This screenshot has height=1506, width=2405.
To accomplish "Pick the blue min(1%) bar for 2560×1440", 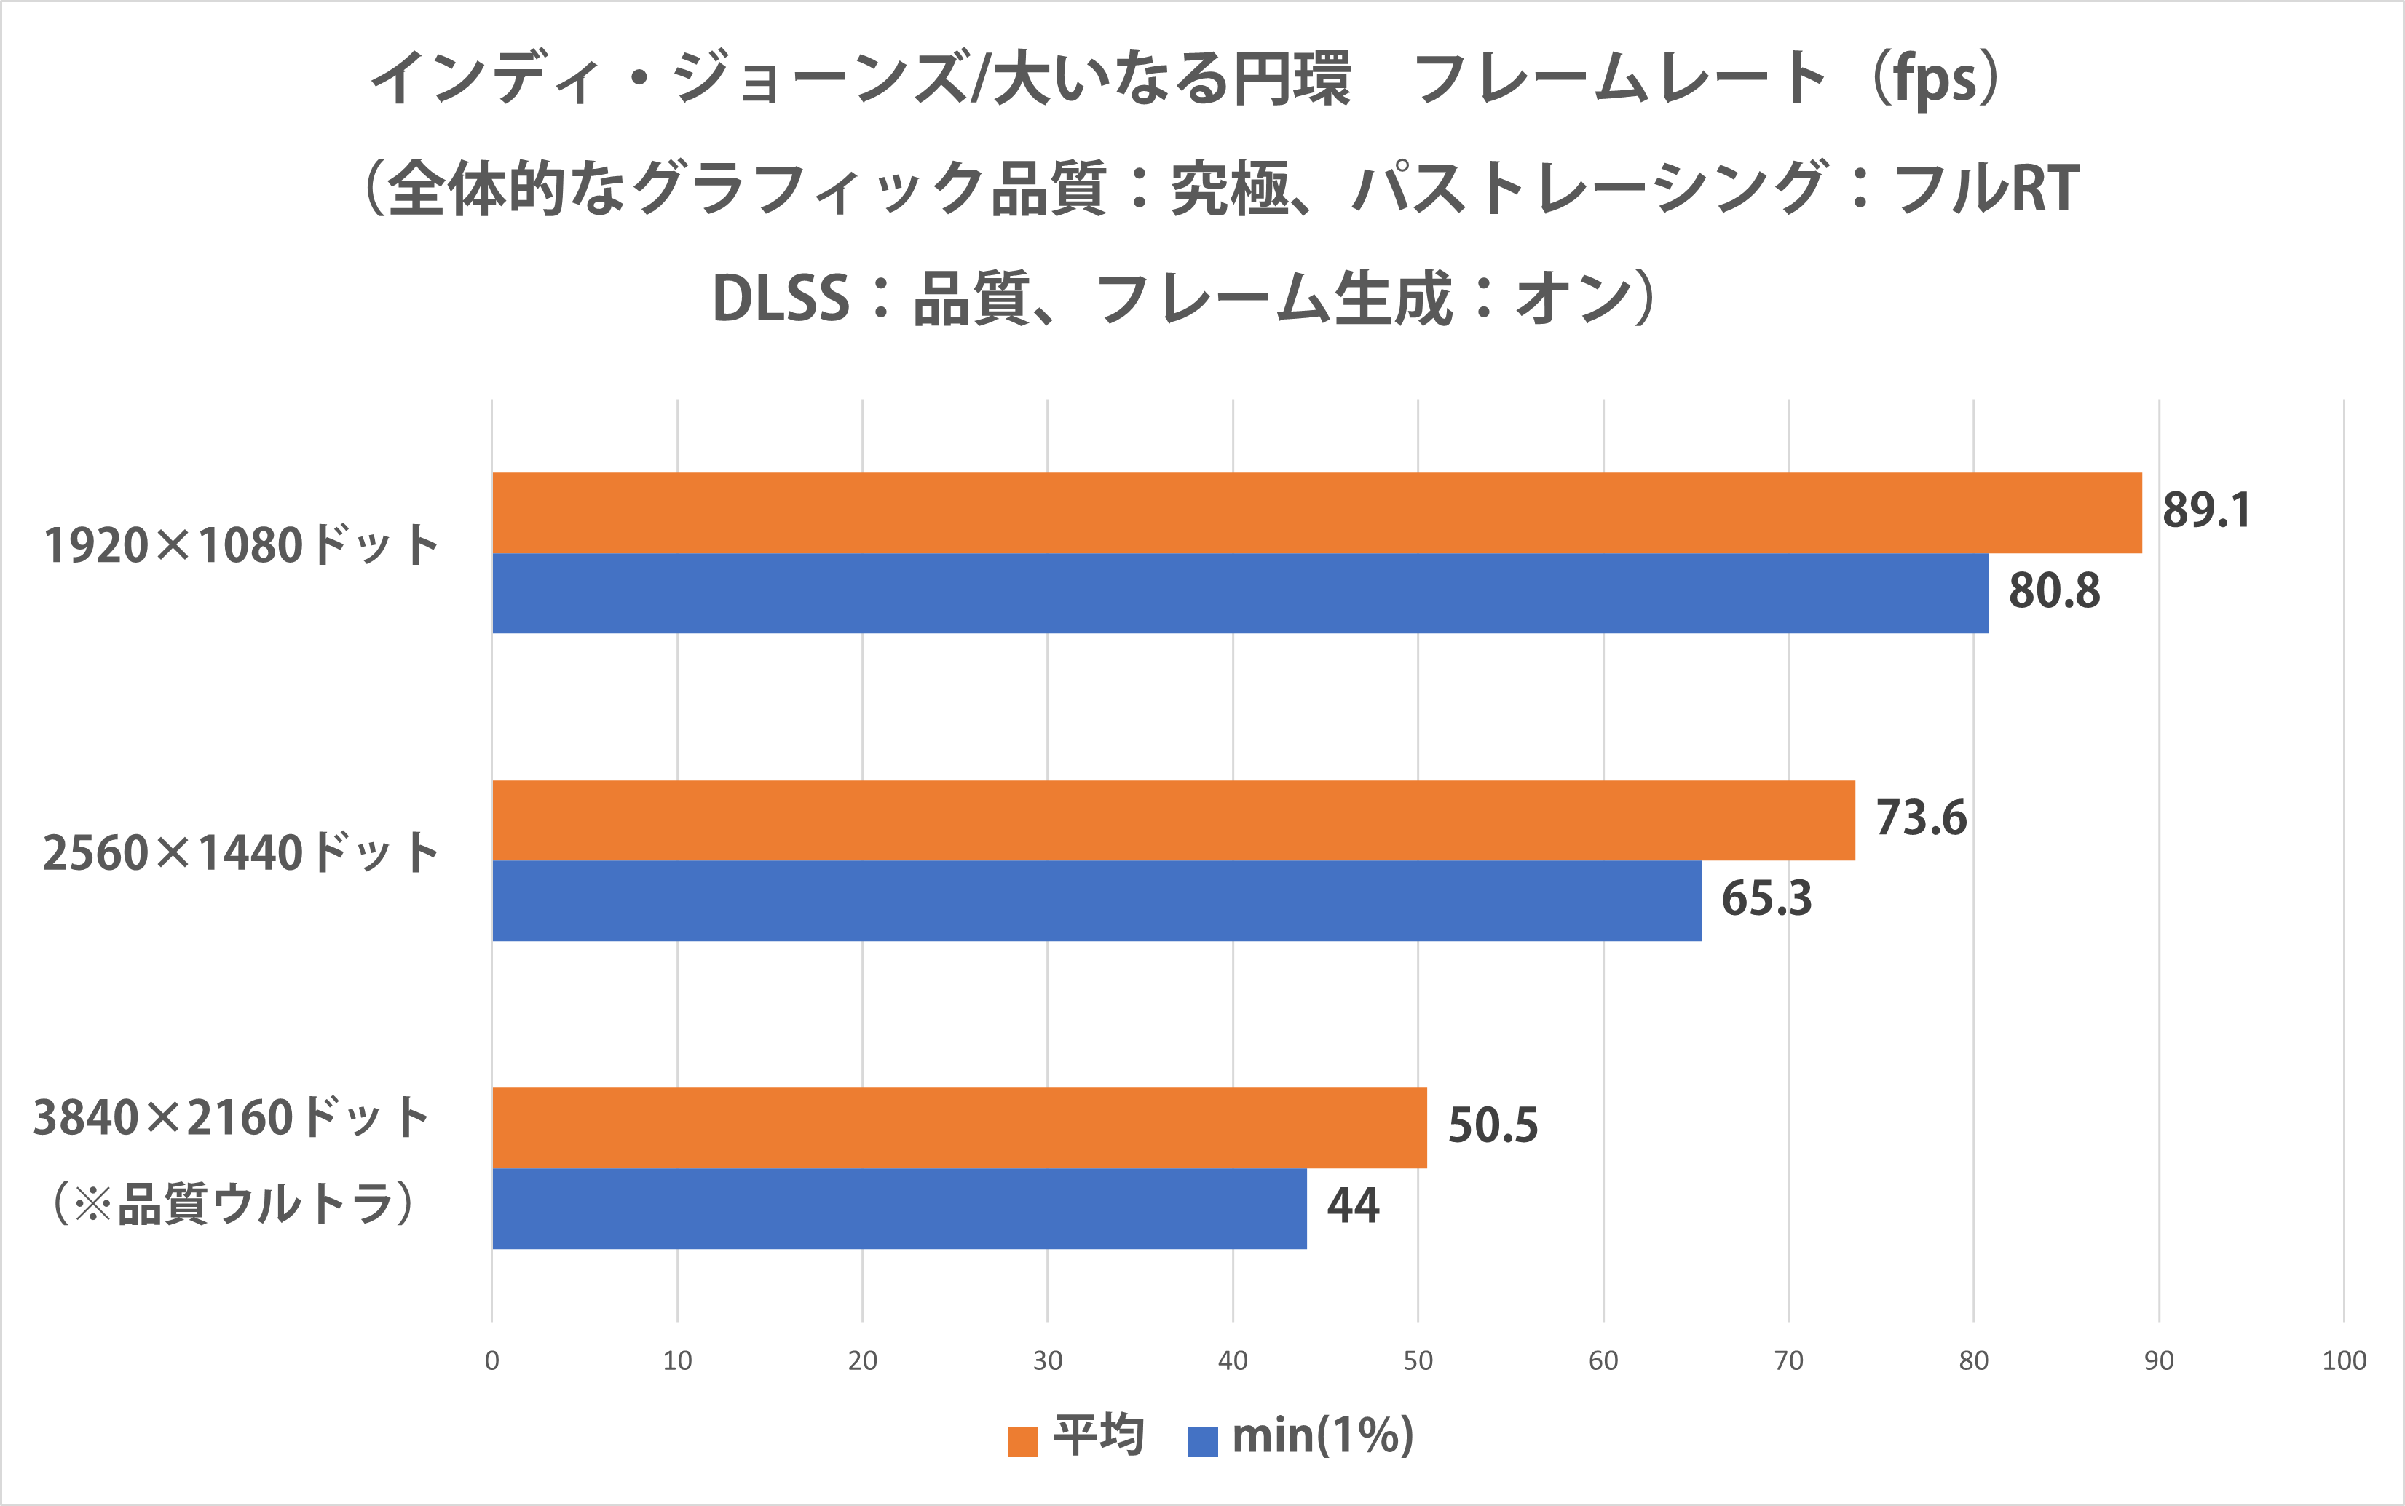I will [1096, 900].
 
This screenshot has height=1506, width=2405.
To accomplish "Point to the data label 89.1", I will [2205, 511].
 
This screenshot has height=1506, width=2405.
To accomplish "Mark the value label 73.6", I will [1920, 819].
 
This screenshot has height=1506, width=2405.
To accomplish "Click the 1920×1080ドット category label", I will [241, 546].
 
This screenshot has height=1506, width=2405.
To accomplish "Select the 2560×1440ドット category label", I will [241, 854].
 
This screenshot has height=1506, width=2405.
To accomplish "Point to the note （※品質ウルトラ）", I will [233, 1204].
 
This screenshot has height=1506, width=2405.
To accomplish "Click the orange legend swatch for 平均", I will [1023, 1441].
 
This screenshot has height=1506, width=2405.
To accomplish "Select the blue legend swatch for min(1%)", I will [1203, 1441].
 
